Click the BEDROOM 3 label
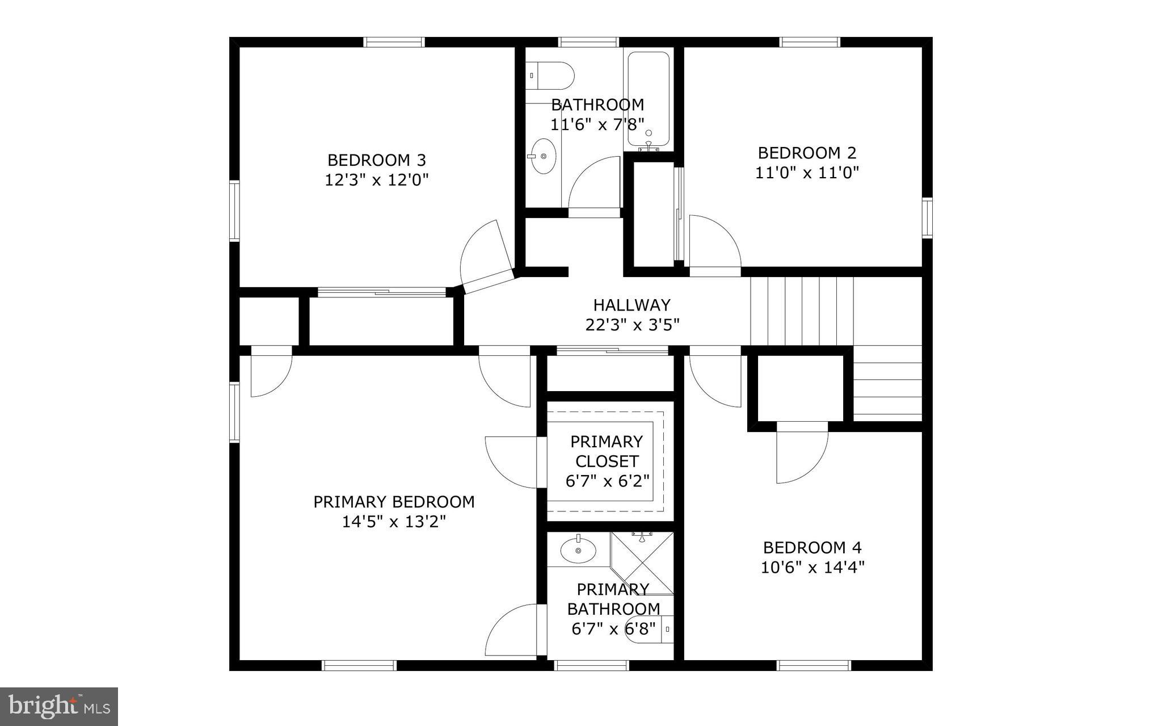(377, 160)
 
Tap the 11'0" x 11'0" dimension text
(807, 173)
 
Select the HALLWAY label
(631, 305)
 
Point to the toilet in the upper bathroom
(549, 75)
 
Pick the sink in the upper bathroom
(543, 156)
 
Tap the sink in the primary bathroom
(578, 549)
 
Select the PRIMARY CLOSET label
(607, 451)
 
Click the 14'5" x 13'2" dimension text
(394, 522)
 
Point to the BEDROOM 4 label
(812, 548)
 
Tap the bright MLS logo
(59, 706)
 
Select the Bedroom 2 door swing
(714, 244)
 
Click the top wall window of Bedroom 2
(810, 42)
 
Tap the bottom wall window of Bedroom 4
(813, 665)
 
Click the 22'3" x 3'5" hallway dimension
(632, 325)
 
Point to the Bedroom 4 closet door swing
(801, 454)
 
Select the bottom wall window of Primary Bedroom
(359, 665)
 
